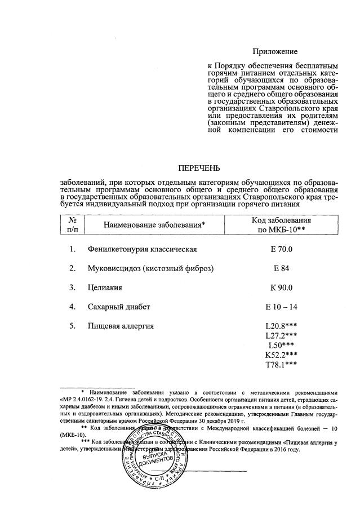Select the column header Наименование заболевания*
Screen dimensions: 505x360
pos(146,225)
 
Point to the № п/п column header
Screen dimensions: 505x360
pos(73,225)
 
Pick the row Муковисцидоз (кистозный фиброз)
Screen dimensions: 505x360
pos(150,268)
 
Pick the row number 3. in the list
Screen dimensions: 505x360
pos(72,287)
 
